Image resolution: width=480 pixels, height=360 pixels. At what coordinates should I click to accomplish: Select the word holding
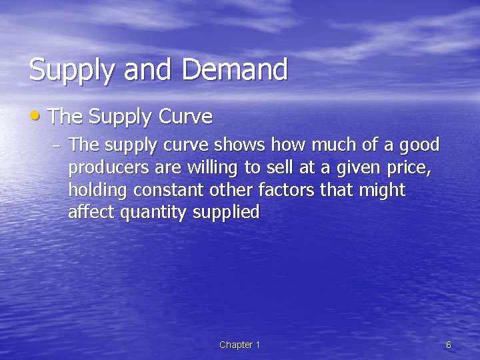point(98,191)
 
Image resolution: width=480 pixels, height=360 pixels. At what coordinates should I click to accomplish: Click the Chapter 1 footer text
point(239,345)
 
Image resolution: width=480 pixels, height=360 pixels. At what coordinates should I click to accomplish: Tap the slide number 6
point(448,345)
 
